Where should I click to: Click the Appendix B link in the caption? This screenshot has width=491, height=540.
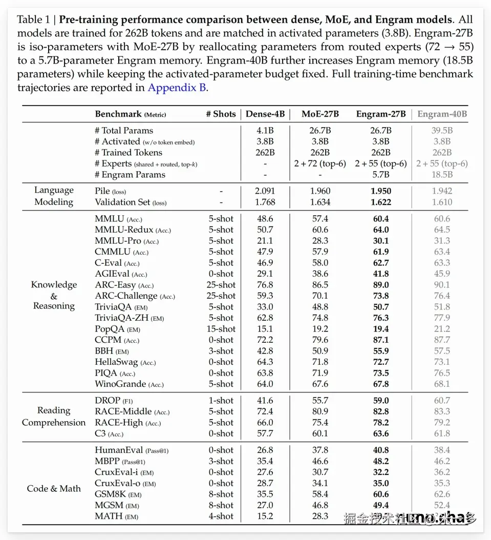(177, 88)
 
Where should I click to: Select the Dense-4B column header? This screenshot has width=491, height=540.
(265, 114)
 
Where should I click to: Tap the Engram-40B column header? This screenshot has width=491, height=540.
(442, 114)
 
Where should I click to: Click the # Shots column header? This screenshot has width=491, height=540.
(221, 114)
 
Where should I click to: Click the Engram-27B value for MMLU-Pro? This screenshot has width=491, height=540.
(380, 241)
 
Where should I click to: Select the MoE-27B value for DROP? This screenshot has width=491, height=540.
(320, 401)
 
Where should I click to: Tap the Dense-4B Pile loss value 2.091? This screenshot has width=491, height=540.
(265, 191)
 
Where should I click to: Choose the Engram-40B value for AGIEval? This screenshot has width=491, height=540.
(442, 274)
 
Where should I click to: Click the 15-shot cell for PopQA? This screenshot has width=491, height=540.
(221, 329)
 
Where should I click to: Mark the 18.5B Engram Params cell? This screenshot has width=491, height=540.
(442, 175)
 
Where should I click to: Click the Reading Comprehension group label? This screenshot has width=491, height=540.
(54, 417)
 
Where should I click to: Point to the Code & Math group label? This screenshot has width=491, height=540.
(54, 488)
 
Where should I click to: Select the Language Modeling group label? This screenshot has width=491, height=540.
(54, 196)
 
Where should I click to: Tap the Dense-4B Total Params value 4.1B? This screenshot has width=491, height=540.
(265, 131)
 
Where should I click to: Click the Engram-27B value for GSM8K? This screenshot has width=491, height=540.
(380, 494)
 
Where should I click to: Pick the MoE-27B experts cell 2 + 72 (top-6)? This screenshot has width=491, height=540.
(320, 164)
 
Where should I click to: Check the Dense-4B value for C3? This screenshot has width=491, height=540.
(265, 433)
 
